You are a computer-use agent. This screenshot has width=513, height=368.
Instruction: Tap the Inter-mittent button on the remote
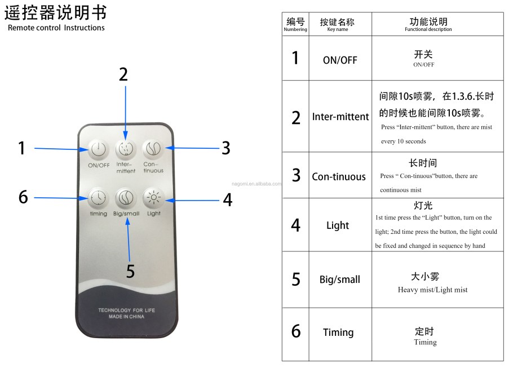tap(126, 149)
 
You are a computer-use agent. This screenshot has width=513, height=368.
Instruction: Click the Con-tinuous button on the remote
tap(153, 149)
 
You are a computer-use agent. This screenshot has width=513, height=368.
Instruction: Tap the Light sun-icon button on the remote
tap(153, 197)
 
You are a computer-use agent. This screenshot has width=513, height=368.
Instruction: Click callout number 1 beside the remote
tap(22, 148)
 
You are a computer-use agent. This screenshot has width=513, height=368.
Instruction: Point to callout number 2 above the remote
tap(123, 74)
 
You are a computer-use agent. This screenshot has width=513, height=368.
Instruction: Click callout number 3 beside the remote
tap(225, 148)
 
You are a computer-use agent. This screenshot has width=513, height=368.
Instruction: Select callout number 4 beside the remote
tap(227, 200)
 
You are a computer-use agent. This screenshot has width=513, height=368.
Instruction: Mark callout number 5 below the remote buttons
tap(130, 272)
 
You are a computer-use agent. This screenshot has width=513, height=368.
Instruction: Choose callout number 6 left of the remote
tap(23, 197)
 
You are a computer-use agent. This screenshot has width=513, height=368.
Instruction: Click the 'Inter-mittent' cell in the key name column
tap(340, 117)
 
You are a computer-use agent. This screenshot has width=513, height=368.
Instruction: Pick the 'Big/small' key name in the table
tap(339, 280)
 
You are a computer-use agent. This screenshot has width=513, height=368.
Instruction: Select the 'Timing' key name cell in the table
tap(338, 332)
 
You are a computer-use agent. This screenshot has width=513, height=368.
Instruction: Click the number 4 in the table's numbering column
tap(295, 225)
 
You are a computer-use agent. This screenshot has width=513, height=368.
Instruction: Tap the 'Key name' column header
tap(337, 25)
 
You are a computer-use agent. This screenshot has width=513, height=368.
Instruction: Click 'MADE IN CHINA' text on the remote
tap(126, 317)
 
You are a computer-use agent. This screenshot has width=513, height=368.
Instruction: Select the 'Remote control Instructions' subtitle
tap(56, 28)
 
